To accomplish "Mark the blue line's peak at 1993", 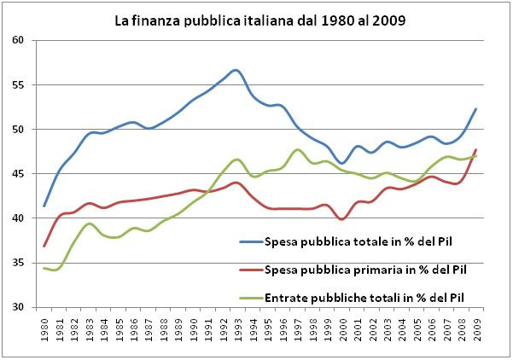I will click(236, 70).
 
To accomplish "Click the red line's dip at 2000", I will click(342, 219).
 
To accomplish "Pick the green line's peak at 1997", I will click(297, 150).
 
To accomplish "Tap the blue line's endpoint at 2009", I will click(475, 109).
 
